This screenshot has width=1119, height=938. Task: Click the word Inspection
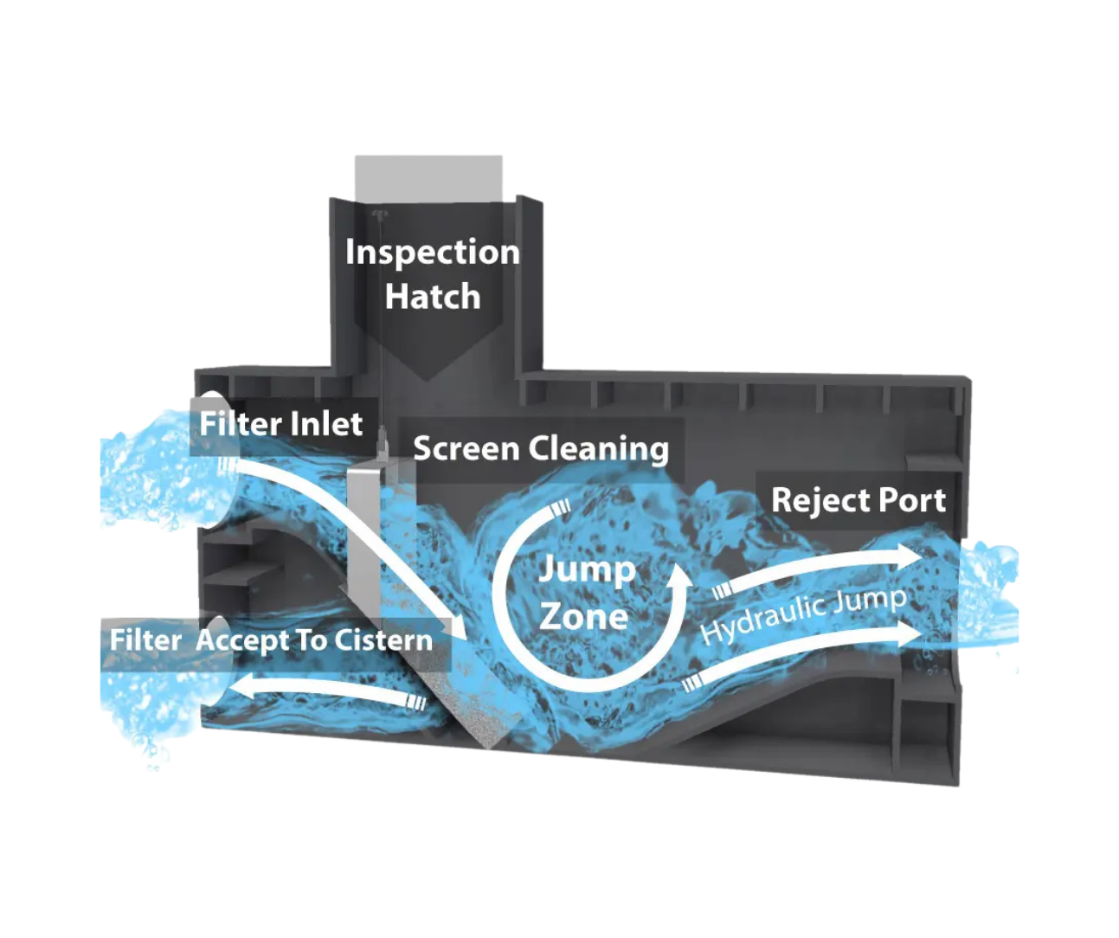click(432, 253)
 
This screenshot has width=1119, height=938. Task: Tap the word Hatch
click(432, 297)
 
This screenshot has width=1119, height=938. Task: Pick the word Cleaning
click(599, 449)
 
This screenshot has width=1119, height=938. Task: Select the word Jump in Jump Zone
click(587, 570)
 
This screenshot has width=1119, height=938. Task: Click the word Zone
click(583, 616)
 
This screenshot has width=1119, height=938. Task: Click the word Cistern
click(383, 640)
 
